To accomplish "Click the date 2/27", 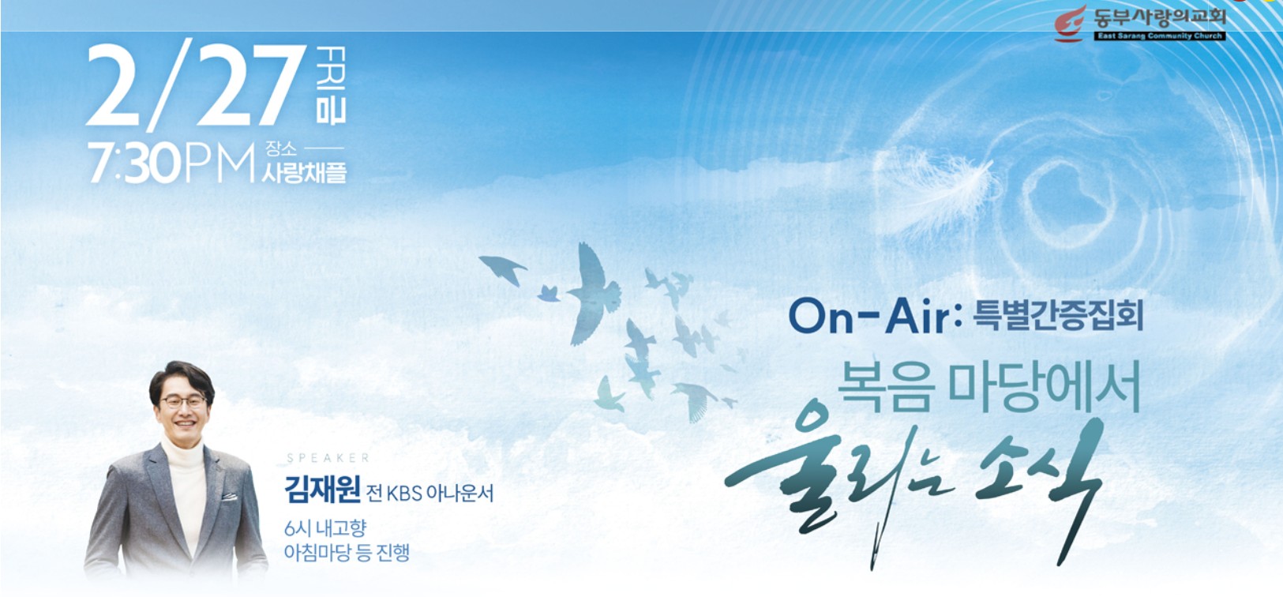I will tap(196, 87).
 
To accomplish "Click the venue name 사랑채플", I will tap(304, 172).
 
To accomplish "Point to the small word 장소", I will tap(281, 148).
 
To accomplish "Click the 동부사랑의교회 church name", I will tap(1159, 17).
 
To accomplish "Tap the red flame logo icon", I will tap(1071, 24).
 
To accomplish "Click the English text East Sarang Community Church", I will tap(1159, 36).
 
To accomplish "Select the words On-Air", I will tap(869, 317).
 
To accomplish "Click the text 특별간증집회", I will tap(1058, 316).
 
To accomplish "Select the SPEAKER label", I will tap(328, 458).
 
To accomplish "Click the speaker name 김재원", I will tap(322, 491).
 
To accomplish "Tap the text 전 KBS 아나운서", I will tap(430, 494).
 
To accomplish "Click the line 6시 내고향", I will tap(325, 528).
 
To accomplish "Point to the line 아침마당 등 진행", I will tap(347, 552).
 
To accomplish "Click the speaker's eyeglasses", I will tap(183, 402).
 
